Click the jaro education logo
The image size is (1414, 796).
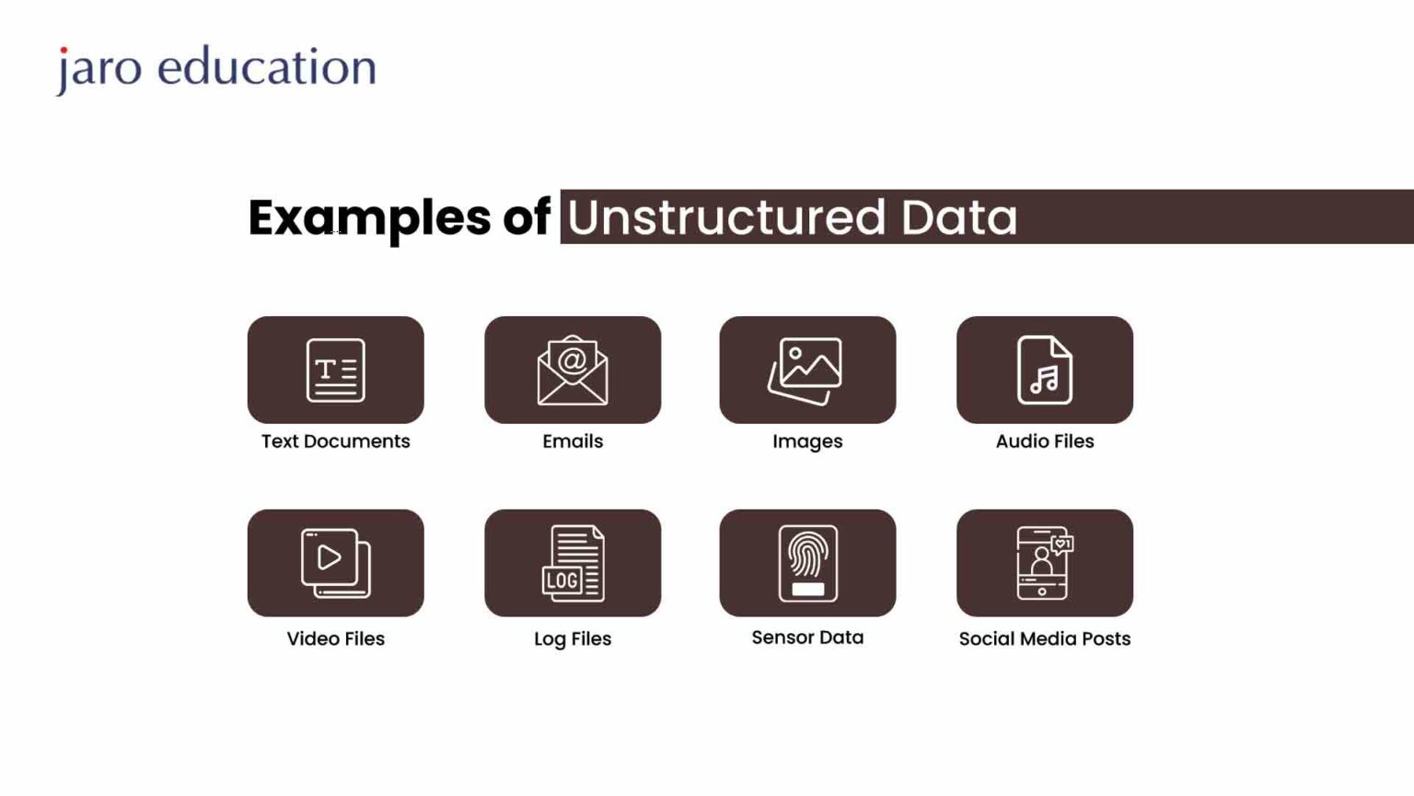tap(216, 68)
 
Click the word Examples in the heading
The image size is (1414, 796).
tap(369, 218)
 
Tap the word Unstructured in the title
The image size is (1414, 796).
tap(726, 217)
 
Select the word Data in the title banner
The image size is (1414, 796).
tap(958, 217)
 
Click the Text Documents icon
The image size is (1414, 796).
tap(335, 370)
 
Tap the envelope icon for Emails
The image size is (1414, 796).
tap(573, 370)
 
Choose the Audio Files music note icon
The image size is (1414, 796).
tap(1044, 370)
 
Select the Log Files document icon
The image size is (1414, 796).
tap(573, 563)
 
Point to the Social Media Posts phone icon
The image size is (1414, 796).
tap(1044, 563)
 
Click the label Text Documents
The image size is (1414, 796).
tap(335, 441)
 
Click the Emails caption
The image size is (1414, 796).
tap(573, 441)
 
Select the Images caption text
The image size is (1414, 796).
tap(807, 441)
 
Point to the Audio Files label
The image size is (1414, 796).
tap(1045, 441)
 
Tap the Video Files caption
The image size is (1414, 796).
tap(335, 638)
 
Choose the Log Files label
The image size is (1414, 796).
tap(573, 638)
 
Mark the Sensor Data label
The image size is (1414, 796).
tap(807, 638)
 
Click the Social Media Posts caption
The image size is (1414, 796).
tap(1045, 638)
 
